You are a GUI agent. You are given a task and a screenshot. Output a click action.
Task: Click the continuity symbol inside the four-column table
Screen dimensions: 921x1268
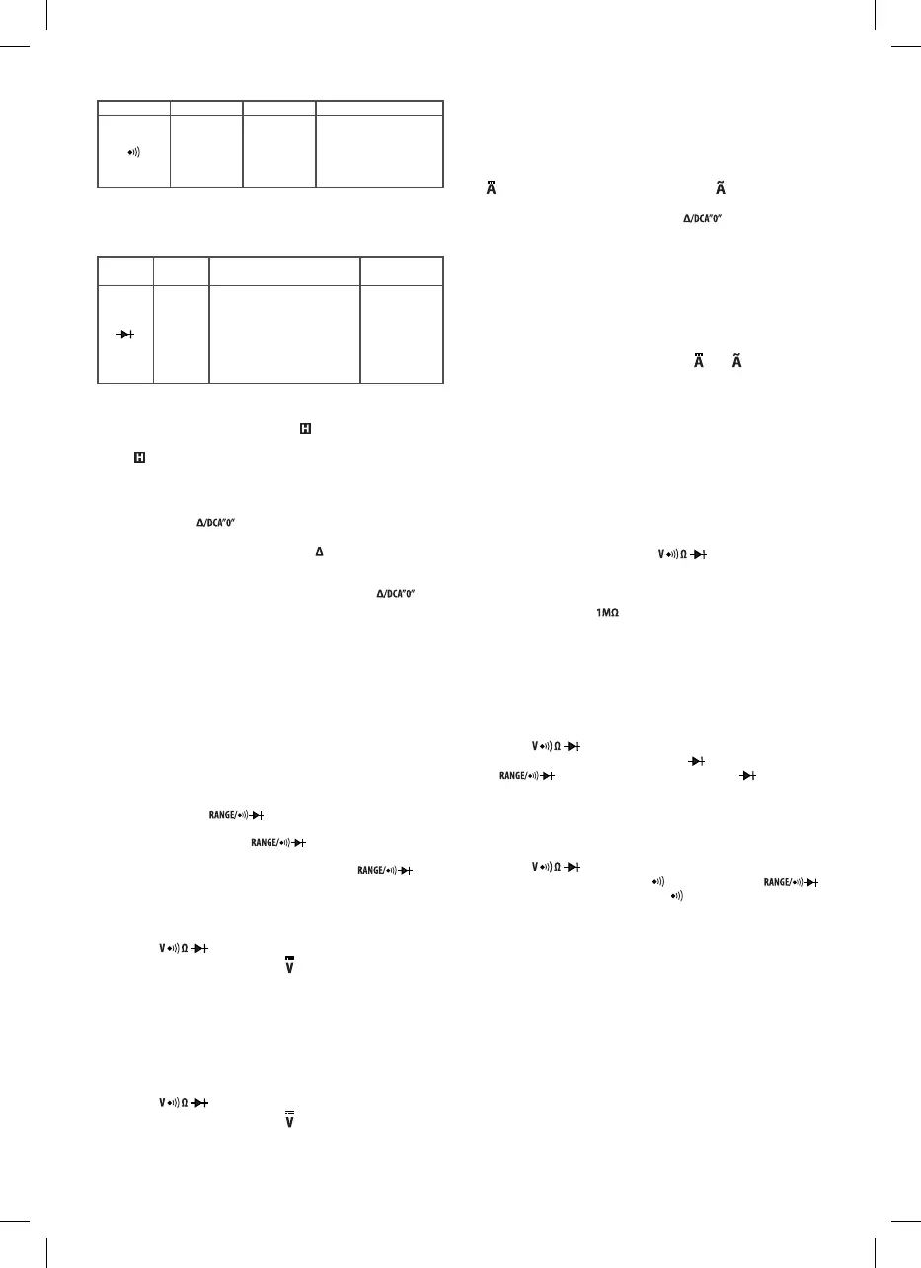point(133,151)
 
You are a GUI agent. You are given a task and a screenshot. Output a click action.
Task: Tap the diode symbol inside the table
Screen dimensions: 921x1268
point(124,334)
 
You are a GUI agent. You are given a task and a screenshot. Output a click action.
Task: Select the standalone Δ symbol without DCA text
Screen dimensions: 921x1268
point(319,550)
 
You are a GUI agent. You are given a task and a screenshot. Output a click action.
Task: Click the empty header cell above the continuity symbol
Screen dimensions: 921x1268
point(133,108)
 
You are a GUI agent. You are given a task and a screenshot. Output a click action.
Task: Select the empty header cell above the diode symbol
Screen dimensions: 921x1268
point(124,269)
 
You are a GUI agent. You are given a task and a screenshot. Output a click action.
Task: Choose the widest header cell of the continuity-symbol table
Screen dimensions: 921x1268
point(379,108)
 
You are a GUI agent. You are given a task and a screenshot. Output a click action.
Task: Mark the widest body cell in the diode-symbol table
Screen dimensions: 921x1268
point(284,334)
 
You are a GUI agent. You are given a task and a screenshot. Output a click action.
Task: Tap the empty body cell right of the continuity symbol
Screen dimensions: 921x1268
point(206,151)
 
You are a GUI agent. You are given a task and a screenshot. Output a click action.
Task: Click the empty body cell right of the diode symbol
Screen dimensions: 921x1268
point(182,334)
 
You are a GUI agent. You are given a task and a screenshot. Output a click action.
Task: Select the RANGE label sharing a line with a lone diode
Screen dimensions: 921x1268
point(523,777)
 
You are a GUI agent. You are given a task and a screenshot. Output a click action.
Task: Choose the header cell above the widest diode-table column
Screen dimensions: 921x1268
point(284,269)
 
